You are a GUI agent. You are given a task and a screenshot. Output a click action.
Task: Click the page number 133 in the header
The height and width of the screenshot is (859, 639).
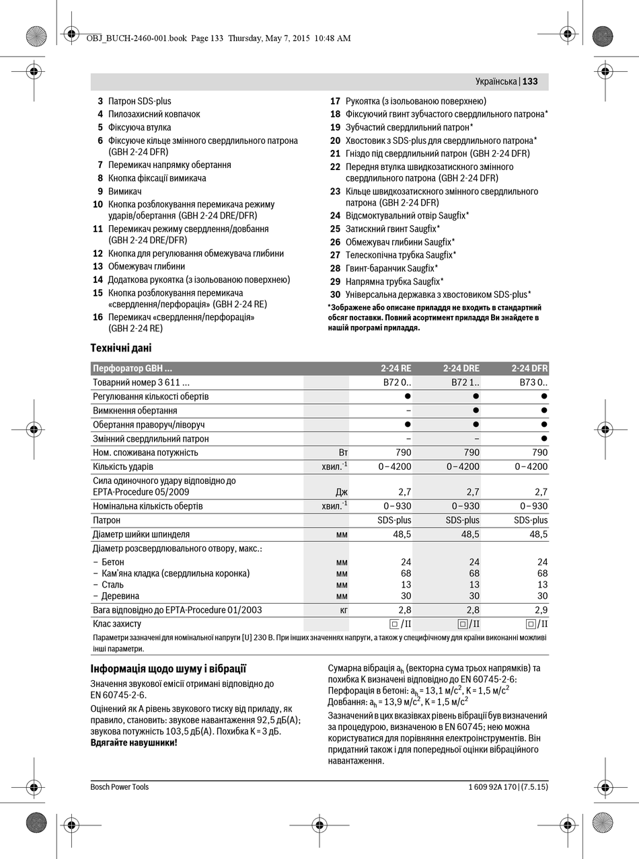[530, 81]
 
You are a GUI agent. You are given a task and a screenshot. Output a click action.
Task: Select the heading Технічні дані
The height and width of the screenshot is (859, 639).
[121, 348]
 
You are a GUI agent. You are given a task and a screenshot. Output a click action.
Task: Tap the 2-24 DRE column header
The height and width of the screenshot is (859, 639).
[461, 368]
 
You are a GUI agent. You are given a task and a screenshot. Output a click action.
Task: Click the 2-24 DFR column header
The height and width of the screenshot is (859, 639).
[529, 368]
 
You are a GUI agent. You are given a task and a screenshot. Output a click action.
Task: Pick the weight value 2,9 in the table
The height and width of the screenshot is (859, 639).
[541, 610]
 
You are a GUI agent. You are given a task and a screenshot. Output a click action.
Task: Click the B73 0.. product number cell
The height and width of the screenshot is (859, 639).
[533, 382]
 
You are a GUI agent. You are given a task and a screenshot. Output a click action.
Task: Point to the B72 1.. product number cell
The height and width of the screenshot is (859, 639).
[465, 382]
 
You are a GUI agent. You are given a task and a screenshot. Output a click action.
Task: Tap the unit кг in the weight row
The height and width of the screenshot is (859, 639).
[343, 610]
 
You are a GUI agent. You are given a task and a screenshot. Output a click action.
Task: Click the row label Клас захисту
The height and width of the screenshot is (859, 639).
[117, 624]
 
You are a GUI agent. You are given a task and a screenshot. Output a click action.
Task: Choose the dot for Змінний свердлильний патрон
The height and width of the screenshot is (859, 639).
[544, 438]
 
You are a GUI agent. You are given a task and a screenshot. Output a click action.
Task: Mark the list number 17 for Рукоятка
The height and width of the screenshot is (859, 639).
[335, 101]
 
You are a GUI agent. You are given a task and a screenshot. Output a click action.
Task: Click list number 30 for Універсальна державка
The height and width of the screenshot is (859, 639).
[335, 294]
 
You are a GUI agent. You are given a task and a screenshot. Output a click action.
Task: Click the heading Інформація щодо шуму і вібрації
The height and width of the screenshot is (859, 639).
[168, 669]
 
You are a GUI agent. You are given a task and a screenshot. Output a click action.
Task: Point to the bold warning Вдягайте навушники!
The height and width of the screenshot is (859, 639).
[134, 743]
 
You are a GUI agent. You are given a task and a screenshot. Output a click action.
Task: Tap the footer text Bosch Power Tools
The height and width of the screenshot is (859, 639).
[120, 787]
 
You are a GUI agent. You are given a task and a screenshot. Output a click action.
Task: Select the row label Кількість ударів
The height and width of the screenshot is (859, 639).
[123, 466]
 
